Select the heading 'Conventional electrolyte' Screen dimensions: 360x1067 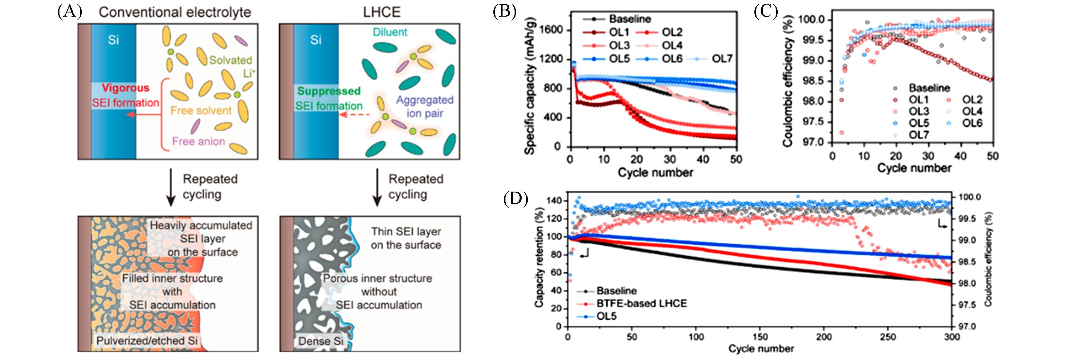175,12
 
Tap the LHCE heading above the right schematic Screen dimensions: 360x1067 382,12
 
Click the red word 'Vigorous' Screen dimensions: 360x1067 126,88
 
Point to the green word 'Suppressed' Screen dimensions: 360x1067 329,91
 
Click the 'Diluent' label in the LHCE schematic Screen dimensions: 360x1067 390,32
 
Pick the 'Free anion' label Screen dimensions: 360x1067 198,141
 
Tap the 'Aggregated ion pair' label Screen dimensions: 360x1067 424,106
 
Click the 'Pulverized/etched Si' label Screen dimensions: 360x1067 147,341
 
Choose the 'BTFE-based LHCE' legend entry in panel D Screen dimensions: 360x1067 641,303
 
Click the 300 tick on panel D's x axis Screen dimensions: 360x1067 952,337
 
